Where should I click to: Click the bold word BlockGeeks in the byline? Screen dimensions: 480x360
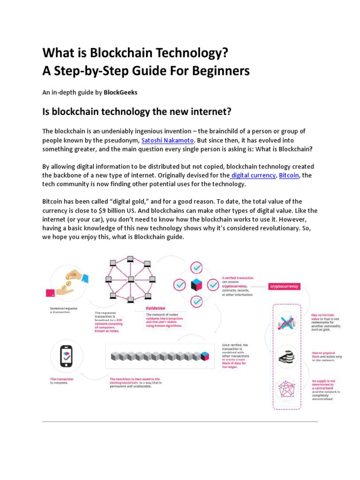pos(120,92)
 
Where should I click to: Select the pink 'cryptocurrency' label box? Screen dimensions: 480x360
pos(284,286)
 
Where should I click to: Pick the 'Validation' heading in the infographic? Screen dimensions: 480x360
pos(155,308)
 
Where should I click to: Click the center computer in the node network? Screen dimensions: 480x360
pos(131,280)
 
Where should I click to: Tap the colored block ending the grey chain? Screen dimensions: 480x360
pos(204,357)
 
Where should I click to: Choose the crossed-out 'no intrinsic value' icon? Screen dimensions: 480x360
pos(286,322)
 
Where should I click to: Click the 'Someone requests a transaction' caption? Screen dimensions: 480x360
pos(63,310)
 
